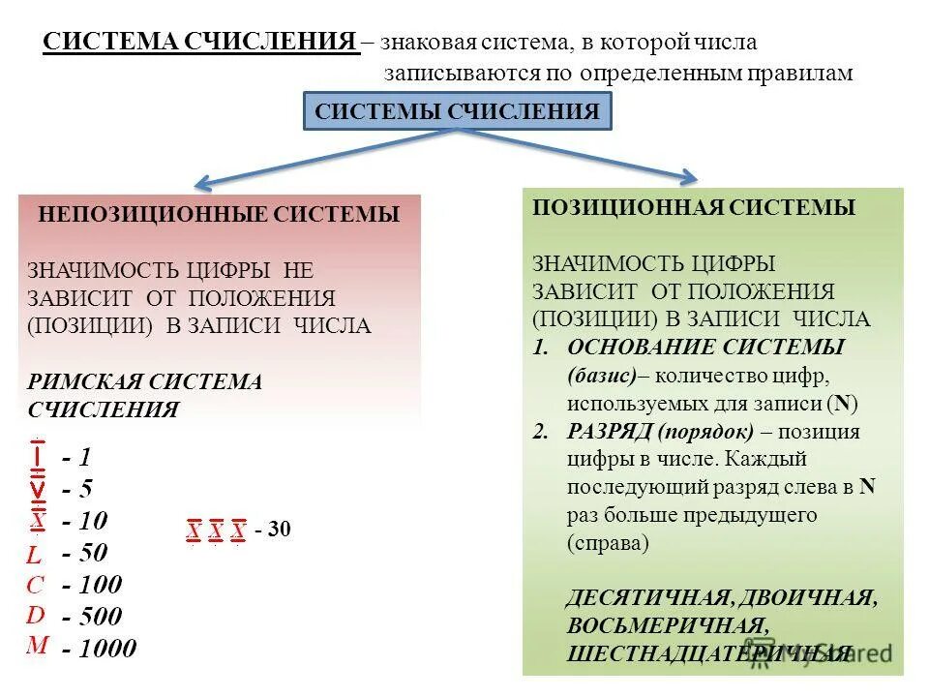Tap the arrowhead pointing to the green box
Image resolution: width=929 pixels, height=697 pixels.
pos(687,176)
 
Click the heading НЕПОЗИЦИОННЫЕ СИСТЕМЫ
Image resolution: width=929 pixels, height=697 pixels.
pos(219,215)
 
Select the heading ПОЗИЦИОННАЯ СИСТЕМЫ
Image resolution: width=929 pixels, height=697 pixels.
pos(694,207)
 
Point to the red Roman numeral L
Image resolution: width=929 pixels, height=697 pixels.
pos(34,556)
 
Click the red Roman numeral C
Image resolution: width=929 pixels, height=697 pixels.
pos(35,585)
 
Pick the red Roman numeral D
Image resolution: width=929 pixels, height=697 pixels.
pos(35,615)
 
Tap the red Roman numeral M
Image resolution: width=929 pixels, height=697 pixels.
pos(37,645)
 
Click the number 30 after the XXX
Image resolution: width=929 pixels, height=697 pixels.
pos(280,530)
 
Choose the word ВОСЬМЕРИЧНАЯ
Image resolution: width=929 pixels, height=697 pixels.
pos(669,625)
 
